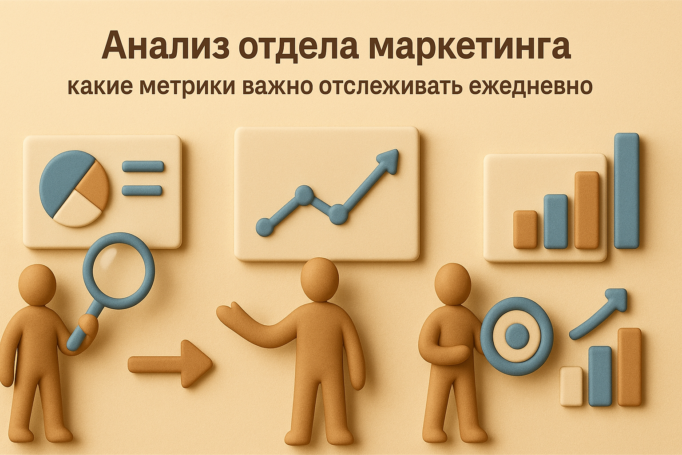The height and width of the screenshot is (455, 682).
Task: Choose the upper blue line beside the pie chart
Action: click(x=143, y=167)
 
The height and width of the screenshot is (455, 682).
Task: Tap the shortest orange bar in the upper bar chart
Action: click(x=525, y=229)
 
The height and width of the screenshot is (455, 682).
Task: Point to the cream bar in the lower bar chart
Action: click(x=571, y=386)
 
